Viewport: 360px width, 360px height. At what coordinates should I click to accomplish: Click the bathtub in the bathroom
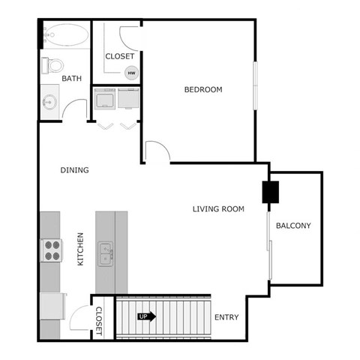(63, 34)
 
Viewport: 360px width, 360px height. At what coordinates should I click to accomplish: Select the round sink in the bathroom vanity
(49, 101)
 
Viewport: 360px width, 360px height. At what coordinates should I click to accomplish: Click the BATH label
(71, 78)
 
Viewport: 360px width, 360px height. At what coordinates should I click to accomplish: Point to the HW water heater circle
(131, 73)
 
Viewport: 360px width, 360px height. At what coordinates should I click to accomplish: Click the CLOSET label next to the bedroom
(119, 56)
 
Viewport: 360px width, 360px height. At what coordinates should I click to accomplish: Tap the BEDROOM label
(203, 90)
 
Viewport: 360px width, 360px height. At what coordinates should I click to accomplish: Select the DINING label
(74, 170)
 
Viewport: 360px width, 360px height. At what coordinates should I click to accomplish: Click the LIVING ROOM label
(218, 209)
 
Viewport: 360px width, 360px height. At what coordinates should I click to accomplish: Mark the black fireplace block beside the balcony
(268, 193)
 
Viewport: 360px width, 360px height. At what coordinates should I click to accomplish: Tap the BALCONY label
(293, 226)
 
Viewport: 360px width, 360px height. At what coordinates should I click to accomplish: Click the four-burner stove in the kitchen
(50, 250)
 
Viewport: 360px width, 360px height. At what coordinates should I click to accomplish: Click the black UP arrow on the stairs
(145, 316)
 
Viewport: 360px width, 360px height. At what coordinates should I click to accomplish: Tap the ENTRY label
(226, 317)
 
